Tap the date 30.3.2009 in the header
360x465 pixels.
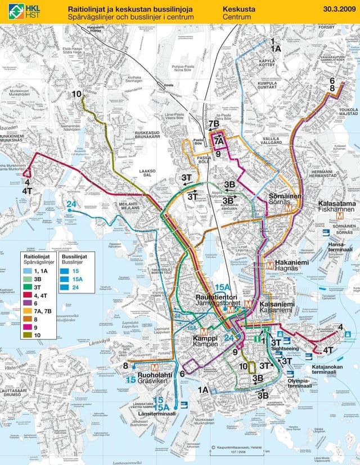point(339,10)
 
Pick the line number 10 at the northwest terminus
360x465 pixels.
point(76,94)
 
